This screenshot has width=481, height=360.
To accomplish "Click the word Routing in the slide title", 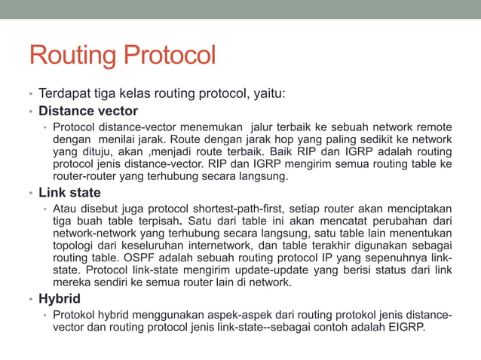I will coord(72,56).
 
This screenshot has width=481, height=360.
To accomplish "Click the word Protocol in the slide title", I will coord(169,56).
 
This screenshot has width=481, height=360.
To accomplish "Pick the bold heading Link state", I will coord(70,191).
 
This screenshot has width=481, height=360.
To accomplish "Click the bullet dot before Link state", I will coord(32,193).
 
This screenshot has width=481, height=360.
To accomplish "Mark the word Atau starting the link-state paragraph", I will coord(65,208).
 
